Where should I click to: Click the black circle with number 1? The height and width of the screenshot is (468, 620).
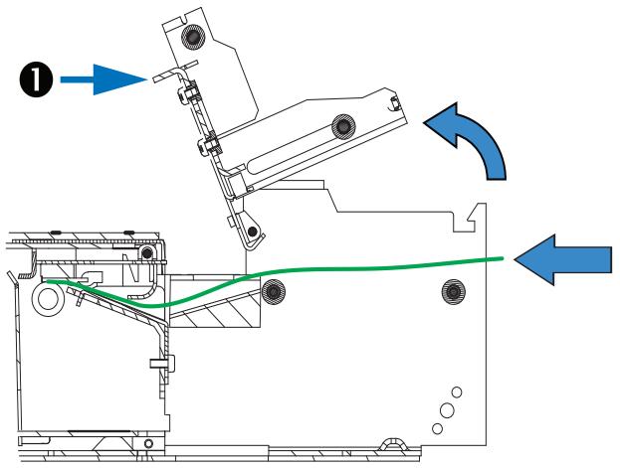pos(36,79)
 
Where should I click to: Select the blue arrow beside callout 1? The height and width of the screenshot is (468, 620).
pos(103,79)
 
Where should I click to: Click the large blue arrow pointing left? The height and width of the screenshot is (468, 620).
pos(563,259)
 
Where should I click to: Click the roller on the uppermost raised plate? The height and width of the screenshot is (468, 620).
pos(192,37)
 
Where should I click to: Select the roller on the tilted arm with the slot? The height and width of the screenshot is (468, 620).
pos(343,126)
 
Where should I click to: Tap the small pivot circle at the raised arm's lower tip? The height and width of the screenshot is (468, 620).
pos(252,232)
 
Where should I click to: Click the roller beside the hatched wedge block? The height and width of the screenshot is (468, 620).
pos(274,292)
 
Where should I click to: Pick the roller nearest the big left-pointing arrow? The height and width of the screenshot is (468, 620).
pos(453,292)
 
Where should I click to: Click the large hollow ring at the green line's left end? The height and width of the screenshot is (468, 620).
pos(48,298)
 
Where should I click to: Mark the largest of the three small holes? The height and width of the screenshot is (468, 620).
pos(447,410)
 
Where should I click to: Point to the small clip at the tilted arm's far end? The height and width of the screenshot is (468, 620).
pos(394,103)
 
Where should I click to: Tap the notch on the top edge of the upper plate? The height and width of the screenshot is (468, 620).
pos(183,19)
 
